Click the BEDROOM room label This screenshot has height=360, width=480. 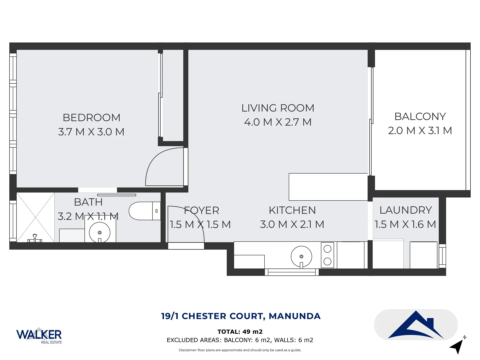[91, 118]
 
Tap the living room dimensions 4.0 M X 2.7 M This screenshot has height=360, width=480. [278, 122]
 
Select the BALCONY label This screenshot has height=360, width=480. [420, 117]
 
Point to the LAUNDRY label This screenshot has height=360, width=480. [405, 210]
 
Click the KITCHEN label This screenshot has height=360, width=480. [292, 210]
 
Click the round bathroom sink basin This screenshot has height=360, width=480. [100, 232]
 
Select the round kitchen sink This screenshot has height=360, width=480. [301, 257]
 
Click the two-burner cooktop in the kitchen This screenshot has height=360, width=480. [327, 255]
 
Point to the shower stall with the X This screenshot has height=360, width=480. [35, 217]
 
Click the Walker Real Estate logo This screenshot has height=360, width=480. [39, 335]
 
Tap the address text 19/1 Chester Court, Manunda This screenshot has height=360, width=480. [241, 316]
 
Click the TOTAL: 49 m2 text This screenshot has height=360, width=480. [240, 332]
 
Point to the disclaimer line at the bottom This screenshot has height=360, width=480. [240, 350]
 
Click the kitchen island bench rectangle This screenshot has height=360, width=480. [328, 187]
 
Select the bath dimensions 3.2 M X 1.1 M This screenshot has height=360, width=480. [88, 217]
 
